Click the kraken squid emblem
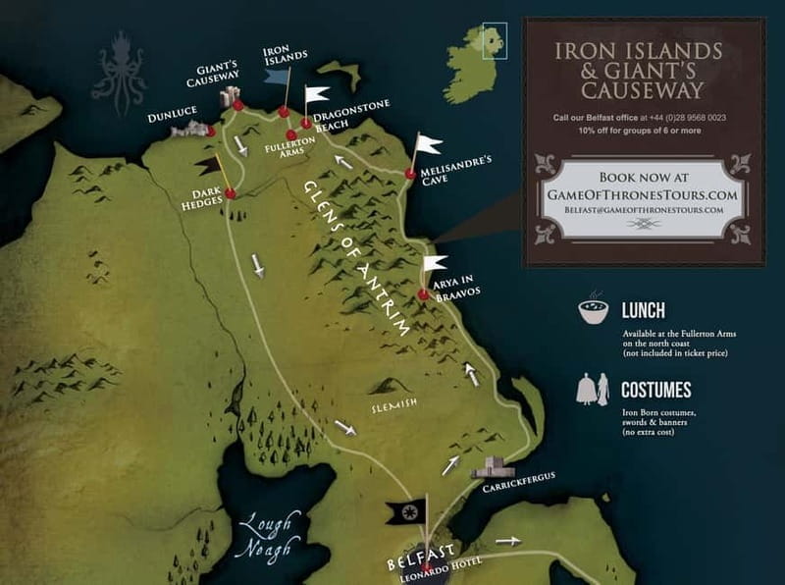tap(119, 72)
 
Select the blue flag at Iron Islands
tap(277, 77)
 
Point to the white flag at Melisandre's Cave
tap(429, 144)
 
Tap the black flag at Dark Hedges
tap(207, 167)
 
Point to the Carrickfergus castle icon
tap(493, 467)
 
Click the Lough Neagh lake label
tap(266, 536)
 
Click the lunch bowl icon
tap(593, 311)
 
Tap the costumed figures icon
tap(592, 390)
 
